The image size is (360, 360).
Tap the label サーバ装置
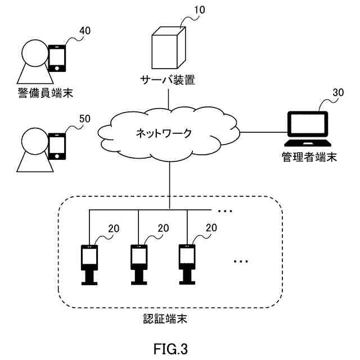click(168, 80)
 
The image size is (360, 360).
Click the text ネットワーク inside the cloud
click(164, 133)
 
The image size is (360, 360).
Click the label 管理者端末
click(309, 157)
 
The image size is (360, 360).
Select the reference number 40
click(85, 31)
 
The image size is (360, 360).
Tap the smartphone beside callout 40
click(57, 58)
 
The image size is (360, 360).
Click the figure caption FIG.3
click(170, 349)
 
